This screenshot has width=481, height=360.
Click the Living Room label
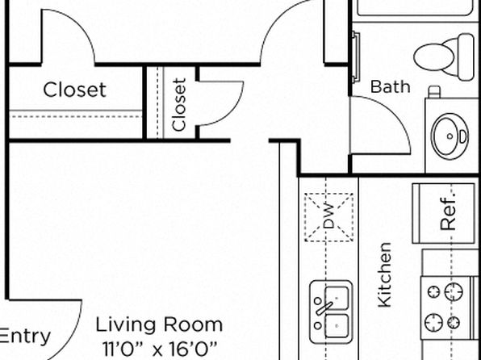point(159,325)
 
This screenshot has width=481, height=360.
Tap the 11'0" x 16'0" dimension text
point(160,349)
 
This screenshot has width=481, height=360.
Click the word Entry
point(24,336)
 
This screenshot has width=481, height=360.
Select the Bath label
point(390,86)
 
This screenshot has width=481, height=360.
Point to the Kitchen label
point(385,274)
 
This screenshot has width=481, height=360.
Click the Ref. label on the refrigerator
point(448,214)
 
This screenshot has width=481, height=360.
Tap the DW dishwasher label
point(329,216)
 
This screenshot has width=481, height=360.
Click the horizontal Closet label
point(74,90)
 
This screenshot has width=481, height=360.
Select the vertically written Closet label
point(179,105)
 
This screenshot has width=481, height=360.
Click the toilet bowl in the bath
point(433,57)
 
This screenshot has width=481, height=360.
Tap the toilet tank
point(466,57)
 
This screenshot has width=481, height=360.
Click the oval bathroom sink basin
point(450,136)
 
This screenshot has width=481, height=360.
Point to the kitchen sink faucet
point(324,308)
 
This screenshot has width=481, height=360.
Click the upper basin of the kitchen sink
point(337,298)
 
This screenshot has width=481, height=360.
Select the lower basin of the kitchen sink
point(337,325)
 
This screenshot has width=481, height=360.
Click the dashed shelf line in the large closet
point(76,116)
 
